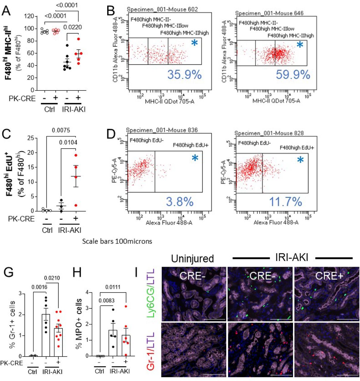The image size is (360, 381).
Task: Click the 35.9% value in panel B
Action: [x=184, y=75]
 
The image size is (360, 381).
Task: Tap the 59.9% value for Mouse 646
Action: [x=293, y=75]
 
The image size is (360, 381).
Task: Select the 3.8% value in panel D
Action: [x=180, y=202]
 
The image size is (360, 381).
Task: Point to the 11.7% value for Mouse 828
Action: [x=286, y=202]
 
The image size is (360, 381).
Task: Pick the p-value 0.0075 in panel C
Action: [x=61, y=130]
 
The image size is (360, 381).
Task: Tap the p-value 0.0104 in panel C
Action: [x=68, y=142]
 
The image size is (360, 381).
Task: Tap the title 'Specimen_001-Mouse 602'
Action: [x=162, y=10]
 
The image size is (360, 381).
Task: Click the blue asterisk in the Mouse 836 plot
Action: [x=195, y=158]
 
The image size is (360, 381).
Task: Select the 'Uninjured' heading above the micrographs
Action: [x=192, y=258]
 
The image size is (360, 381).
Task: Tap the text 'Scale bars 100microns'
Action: [x=117, y=241]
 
